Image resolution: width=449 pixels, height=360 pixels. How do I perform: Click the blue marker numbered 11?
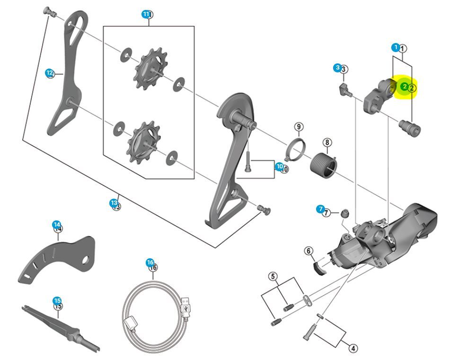tap(146, 14)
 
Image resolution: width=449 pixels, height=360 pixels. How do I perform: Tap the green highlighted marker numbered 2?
tap(405, 87)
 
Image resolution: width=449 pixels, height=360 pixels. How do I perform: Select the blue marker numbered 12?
tap(49, 73)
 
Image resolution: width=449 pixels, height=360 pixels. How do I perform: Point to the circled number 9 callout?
tap(298, 127)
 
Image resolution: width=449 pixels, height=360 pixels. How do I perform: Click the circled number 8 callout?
tap(327, 142)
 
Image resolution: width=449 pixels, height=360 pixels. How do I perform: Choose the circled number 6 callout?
tap(309, 251)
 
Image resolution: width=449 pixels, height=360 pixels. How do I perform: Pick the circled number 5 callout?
tap(273, 276)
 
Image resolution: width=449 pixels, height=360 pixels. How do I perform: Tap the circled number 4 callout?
tap(353, 348)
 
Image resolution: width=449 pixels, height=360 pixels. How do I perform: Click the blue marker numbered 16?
tap(150, 263)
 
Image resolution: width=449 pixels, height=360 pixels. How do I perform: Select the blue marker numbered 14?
tap(56, 224)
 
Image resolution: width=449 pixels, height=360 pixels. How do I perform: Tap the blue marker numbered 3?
tap(337, 68)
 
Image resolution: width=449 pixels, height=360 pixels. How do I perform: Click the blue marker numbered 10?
tap(279, 167)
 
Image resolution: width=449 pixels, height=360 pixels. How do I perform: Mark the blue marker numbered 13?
tap(114, 203)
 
